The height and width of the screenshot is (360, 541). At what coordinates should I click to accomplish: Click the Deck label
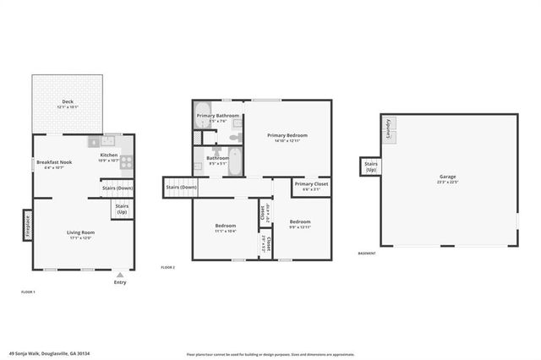coord(68,101)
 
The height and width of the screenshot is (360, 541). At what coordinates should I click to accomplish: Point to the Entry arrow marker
coord(120,275)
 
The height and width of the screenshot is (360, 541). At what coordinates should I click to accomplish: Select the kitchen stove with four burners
coord(125,161)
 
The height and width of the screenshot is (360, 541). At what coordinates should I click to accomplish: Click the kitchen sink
coord(107,142)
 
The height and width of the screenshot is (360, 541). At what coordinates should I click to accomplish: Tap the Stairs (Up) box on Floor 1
coord(122,208)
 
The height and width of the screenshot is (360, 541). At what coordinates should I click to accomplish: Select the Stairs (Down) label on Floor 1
coord(117,188)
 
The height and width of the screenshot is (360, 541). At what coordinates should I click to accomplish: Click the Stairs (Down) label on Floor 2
coord(181,187)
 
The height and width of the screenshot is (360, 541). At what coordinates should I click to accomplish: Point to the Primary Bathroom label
coord(218,116)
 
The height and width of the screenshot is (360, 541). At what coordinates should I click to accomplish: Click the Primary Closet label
coord(311,183)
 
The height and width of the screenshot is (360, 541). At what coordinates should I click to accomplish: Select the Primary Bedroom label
coord(287,135)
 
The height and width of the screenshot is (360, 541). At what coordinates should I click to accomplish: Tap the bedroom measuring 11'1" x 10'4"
coord(225,228)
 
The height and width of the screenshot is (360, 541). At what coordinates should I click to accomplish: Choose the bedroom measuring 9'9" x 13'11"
coord(300,224)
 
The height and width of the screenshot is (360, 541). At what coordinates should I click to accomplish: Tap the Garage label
coord(448,177)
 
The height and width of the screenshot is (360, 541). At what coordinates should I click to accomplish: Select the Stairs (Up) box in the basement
coord(370,167)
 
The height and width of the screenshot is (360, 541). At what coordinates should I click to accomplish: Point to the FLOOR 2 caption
coord(167,267)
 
